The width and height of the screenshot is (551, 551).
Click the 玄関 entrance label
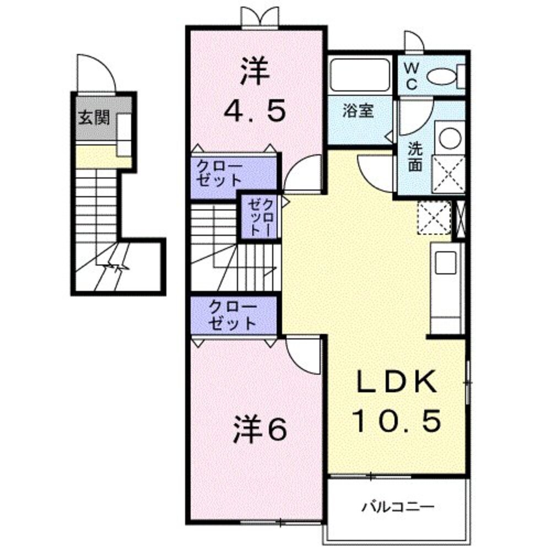click(93, 117)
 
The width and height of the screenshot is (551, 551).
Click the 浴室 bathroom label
click(358, 111)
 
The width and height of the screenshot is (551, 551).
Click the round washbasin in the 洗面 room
click(449, 138)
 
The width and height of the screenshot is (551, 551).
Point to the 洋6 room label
click(259, 430)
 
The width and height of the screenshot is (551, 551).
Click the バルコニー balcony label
click(398, 505)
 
